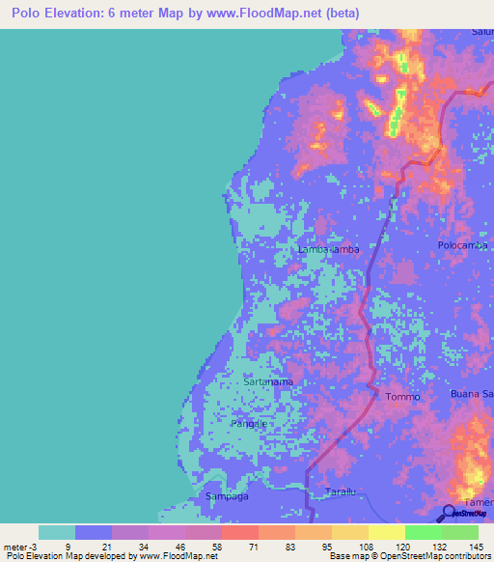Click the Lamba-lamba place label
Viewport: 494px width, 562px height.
pos(329,249)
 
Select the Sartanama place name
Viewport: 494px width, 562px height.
pos(268,382)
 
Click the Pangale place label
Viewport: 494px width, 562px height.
pos(249,423)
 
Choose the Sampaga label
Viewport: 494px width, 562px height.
pos(227,495)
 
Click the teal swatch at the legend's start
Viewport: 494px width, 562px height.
pos(57,532)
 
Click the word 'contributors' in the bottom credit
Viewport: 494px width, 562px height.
pos(466,556)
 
